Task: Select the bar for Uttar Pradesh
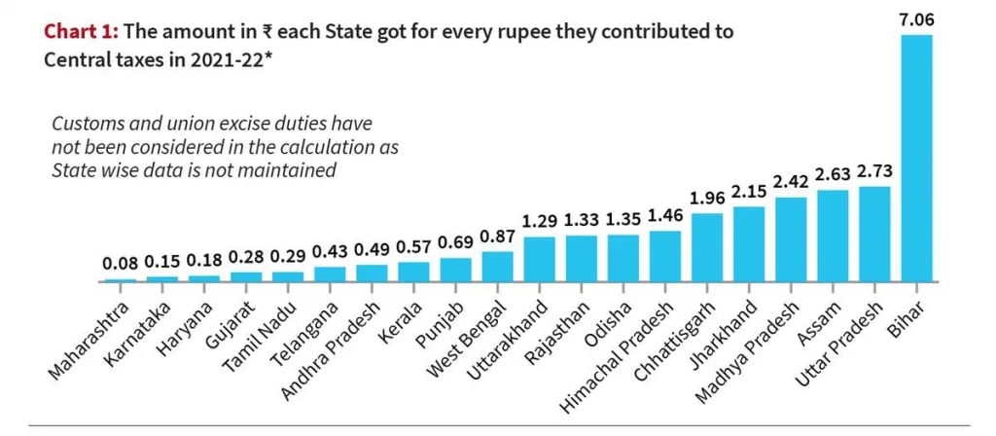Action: [875, 234]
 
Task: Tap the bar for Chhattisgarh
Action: [707, 247]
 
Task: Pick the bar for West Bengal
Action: [497, 267]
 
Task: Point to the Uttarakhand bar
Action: [539, 259]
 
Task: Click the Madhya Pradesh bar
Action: [791, 239]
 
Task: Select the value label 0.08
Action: [121, 264]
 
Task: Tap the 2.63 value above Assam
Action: [833, 174]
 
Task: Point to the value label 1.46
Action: [665, 215]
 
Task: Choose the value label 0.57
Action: [412, 246]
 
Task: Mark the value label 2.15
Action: [749, 191]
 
